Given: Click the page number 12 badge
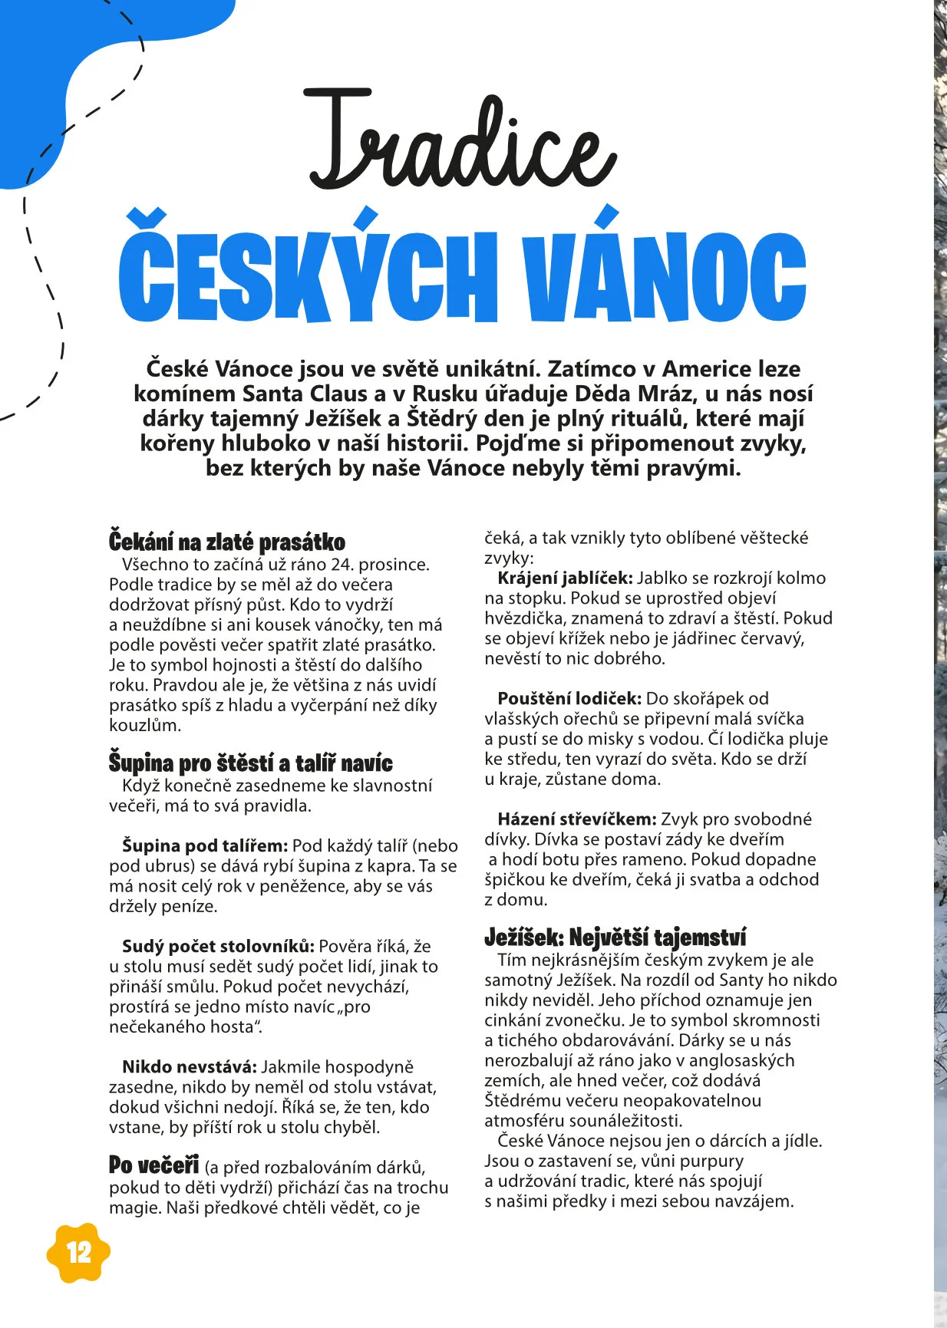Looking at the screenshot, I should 78,1253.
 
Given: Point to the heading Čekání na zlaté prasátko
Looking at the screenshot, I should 227,542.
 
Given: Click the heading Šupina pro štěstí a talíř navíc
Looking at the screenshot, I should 250,763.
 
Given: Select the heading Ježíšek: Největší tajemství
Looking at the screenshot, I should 615,938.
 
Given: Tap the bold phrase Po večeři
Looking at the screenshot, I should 153,1165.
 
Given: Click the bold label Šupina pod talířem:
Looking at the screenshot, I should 205,845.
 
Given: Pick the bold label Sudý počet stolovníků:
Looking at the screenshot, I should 218,946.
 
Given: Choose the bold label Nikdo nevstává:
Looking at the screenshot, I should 189,1066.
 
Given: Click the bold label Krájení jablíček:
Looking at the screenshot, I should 565,578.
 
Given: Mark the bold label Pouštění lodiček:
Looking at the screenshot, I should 569,698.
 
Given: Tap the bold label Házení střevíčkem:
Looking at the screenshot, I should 576,819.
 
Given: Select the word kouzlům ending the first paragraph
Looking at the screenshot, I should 145,725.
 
